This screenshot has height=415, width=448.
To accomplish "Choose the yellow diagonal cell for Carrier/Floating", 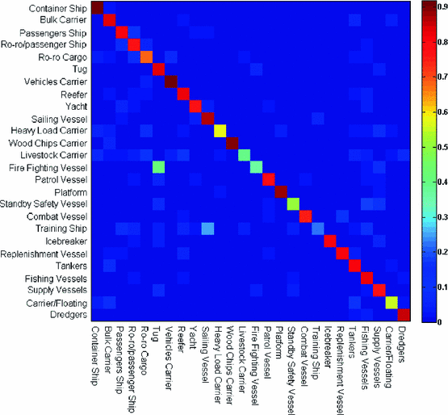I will click(391, 302).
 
